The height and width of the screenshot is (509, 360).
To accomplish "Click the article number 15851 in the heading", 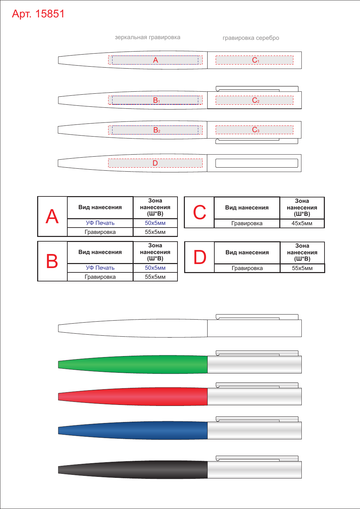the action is pyautogui.click(x=50, y=14).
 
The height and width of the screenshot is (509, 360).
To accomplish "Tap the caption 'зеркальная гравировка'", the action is pyautogui.click(x=147, y=37).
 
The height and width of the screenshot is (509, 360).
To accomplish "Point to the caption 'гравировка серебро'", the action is pyautogui.click(x=250, y=38).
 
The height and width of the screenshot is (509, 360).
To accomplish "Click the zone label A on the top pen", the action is pyautogui.click(x=155, y=60).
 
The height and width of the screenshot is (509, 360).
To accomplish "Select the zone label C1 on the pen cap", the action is pyautogui.click(x=256, y=60).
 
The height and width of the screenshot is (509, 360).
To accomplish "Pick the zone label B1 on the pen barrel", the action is pyautogui.click(x=156, y=100).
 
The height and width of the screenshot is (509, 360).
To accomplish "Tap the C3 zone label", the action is pyautogui.click(x=256, y=130).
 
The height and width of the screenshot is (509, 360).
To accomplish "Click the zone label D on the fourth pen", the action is pyautogui.click(x=155, y=163).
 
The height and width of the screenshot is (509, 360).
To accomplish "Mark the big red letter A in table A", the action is pyautogui.click(x=52, y=216).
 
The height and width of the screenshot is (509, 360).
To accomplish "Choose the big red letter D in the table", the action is pyautogui.click(x=200, y=257).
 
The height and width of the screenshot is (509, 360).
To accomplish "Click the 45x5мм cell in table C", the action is pyautogui.click(x=302, y=223).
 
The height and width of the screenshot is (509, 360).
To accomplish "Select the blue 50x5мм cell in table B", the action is pyautogui.click(x=155, y=268).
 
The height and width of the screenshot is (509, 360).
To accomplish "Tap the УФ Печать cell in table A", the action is pyautogui.click(x=100, y=223).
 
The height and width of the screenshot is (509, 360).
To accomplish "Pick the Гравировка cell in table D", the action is pyautogui.click(x=247, y=268).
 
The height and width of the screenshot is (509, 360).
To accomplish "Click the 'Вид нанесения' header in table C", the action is pyautogui.click(x=247, y=208).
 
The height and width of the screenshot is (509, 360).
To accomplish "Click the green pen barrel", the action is pyautogui.click(x=133, y=364).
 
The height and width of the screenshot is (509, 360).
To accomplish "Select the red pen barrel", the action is pyautogui.click(x=133, y=397).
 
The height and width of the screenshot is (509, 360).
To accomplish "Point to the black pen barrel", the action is pyautogui.click(x=133, y=470).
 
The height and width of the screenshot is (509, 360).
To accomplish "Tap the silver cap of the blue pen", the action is pyautogui.click(x=255, y=430).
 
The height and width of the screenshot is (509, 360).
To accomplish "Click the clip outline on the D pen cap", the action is pyautogui.click(x=257, y=159).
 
